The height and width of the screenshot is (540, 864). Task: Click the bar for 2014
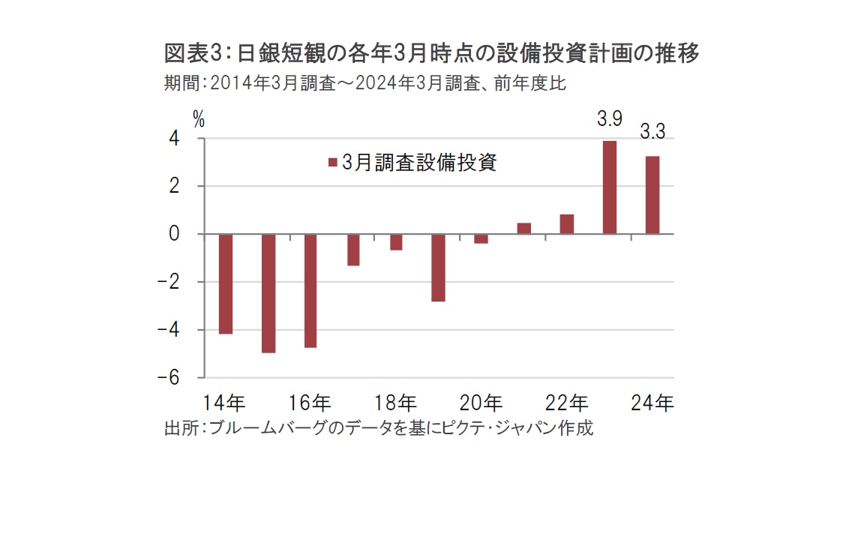[x=225, y=283]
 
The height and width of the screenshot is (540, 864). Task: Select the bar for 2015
[x=268, y=293]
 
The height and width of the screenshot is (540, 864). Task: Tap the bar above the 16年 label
[x=310, y=291]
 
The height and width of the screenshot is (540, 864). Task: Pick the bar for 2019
[x=439, y=268]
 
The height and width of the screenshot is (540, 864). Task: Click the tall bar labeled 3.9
[x=610, y=187]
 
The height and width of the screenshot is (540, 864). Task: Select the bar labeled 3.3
[x=652, y=195]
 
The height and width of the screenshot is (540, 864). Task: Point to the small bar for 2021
[x=524, y=229]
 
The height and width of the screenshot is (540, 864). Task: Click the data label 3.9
[x=610, y=118]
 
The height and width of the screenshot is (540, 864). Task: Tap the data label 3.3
[x=652, y=133]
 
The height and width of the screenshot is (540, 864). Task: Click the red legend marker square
[x=332, y=163]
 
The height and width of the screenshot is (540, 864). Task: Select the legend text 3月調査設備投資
[x=418, y=163]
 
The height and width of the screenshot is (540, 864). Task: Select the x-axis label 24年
[x=652, y=403]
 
